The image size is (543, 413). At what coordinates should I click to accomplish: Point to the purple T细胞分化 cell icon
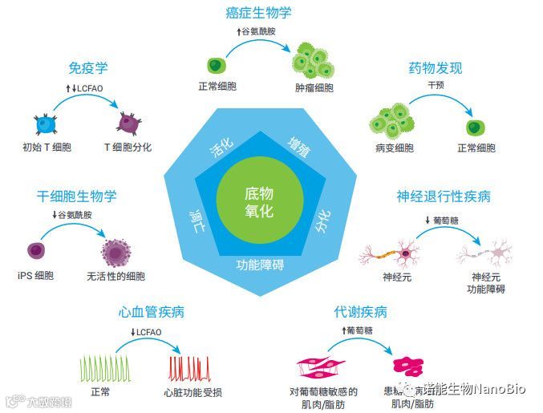tap(128, 123)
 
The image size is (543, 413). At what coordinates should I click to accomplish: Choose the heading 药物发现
tap(436, 68)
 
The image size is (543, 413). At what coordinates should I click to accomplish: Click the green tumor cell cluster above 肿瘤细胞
tap(314, 59)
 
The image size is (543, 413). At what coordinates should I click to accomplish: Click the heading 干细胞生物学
tap(77, 196)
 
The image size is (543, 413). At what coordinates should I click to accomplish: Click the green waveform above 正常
tap(101, 367)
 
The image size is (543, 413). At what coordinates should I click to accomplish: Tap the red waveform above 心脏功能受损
tap(190, 367)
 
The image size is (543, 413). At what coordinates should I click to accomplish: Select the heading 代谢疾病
tap(360, 311)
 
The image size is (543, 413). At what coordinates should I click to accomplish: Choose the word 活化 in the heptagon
tap(222, 149)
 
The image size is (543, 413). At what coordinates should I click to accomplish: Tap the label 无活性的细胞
tap(117, 277)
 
